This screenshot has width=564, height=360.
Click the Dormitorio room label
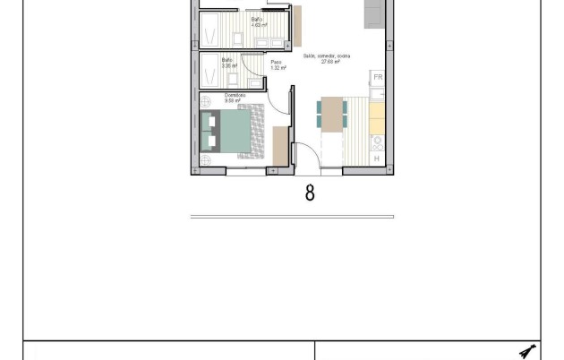(235, 98)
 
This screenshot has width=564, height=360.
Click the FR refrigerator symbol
(378, 78)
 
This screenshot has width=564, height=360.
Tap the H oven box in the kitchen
(376, 158)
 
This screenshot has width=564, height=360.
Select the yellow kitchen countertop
(377, 116)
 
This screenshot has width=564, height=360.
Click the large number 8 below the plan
(310, 191)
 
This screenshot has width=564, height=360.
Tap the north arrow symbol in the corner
(527, 350)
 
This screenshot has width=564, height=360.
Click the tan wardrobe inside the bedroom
(280, 145)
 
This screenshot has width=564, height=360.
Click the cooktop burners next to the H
(377, 141)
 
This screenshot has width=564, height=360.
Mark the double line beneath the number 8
(292, 216)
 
